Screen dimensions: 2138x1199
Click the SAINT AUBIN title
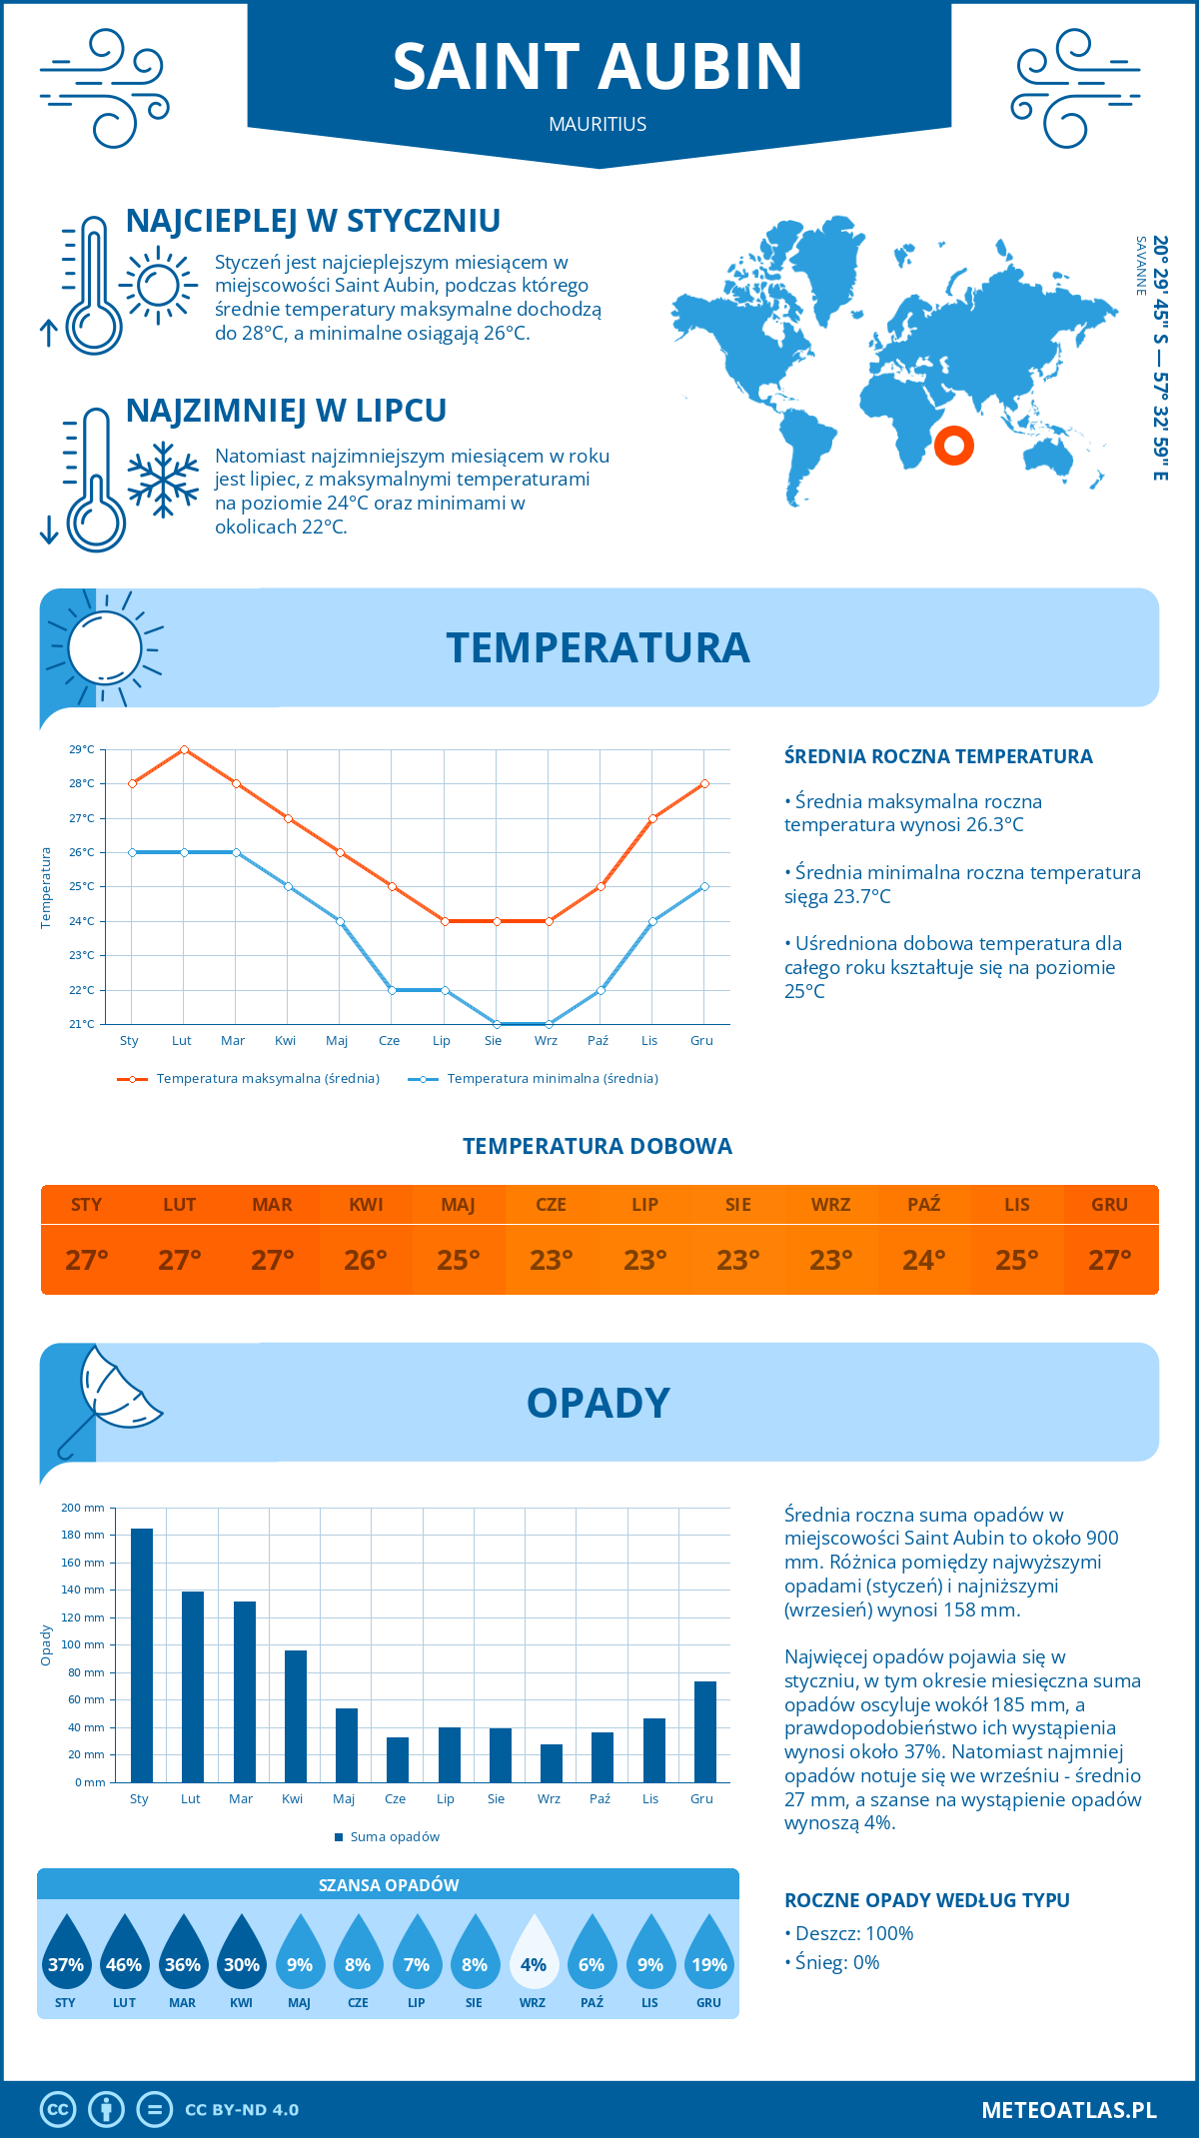tap(598, 67)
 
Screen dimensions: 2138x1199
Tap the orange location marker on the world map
tap(954, 445)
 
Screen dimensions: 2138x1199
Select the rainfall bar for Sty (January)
tap(142, 1655)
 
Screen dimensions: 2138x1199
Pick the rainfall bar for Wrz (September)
tap(552, 1763)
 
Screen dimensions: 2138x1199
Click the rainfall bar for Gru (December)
tap(705, 1731)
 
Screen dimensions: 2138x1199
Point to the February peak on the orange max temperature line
tap(184, 749)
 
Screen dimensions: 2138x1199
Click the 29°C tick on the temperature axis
tap(82, 749)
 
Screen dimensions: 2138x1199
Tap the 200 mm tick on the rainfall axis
tap(83, 1508)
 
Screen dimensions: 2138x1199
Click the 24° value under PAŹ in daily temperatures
tap(923, 1260)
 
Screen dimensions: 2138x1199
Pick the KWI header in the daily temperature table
tap(366, 1205)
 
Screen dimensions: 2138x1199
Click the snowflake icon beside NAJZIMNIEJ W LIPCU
tap(163, 479)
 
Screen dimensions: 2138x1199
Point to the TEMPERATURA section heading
tap(598, 647)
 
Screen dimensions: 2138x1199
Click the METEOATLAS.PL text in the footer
tap(1069, 2110)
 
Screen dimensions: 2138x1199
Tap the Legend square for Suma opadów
tap(339, 1837)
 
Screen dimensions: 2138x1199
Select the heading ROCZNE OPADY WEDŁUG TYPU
tap(926, 1900)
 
